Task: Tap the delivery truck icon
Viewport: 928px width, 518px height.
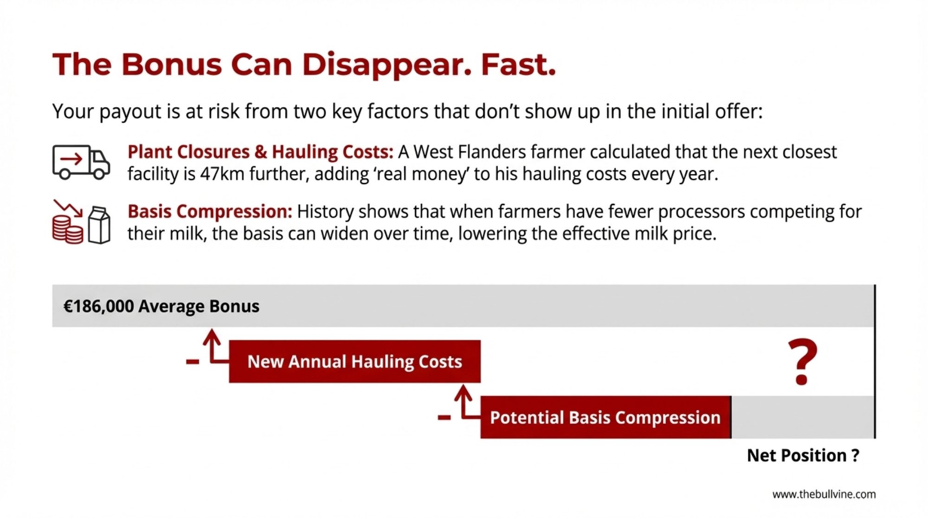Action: pyautogui.click(x=81, y=162)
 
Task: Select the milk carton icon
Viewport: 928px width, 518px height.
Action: pyautogui.click(x=99, y=225)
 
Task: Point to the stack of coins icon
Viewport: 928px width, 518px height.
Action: pyautogui.click(x=68, y=229)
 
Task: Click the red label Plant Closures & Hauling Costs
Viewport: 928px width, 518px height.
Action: pyautogui.click(x=260, y=152)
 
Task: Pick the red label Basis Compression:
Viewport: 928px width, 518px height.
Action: pyautogui.click(x=210, y=211)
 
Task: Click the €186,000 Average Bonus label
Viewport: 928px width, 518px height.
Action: pyautogui.click(x=161, y=306)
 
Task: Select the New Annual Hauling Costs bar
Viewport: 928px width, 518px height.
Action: pyautogui.click(x=354, y=362)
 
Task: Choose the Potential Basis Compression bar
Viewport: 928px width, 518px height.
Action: pyautogui.click(x=606, y=417)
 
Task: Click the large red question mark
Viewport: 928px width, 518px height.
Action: pyautogui.click(x=802, y=362)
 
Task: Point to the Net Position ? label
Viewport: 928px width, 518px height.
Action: pyautogui.click(x=803, y=455)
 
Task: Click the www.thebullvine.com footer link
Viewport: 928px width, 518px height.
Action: pyautogui.click(x=824, y=494)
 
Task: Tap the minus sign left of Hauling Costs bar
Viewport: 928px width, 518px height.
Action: pyautogui.click(x=193, y=362)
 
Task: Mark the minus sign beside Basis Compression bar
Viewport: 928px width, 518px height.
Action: pyautogui.click(x=444, y=418)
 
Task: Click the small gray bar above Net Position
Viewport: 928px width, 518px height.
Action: pyautogui.click(x=803, y=417)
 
